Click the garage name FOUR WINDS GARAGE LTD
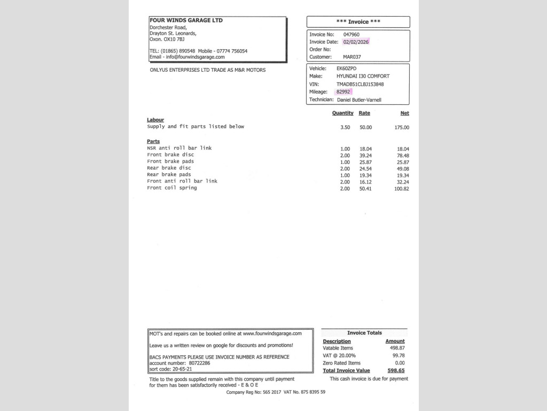point(186,20)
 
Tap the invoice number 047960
point(351,34)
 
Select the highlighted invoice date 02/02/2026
point(356,42)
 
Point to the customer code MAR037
point(352,57)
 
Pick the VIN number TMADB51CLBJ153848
point(360,84)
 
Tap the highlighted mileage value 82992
point(343,92)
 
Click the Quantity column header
point(342,113)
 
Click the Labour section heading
point(155,120)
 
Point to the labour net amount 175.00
point(402,127)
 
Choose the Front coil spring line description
point(172,188)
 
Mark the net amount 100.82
point(402,188)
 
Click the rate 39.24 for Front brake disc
point(365,155)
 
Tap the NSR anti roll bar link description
point(179,148)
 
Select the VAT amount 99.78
point(398,355)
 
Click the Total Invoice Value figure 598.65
point(396,370)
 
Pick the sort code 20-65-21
point(182,369)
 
